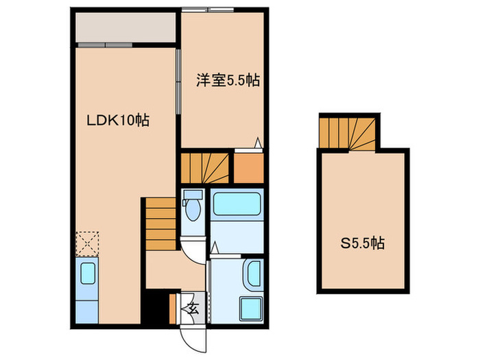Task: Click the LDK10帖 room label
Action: click(x=118, y=121)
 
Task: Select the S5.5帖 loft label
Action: click(x=363, y=243)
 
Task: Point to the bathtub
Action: click(x=237, y=206)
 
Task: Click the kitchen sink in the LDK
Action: click(x=88, y=274)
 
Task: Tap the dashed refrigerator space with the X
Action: click(x=88, y=243)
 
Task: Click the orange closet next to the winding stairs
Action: click(x=249, y=169)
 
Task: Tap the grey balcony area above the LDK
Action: click(x=124, y=27)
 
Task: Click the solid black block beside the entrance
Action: click(x=156, y=308)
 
